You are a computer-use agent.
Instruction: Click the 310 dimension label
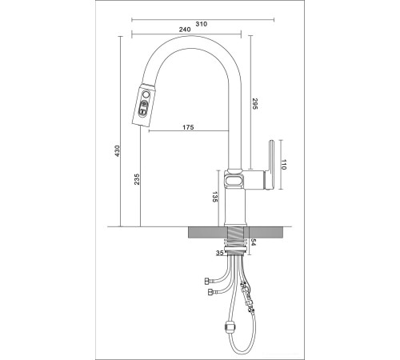click(202, 24)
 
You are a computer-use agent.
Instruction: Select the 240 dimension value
click(185, 30)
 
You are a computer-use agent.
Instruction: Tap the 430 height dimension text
click(118, 151)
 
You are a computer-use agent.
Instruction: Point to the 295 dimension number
click(254, 104)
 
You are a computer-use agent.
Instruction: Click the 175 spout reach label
click(188, 127)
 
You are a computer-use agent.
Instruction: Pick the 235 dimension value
click(137, 179)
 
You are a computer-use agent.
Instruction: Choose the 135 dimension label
click(215, 197)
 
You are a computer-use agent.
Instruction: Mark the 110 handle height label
click(283, 165)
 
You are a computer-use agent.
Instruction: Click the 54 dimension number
click(254, 242)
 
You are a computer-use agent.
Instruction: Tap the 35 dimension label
click(219, 253)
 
